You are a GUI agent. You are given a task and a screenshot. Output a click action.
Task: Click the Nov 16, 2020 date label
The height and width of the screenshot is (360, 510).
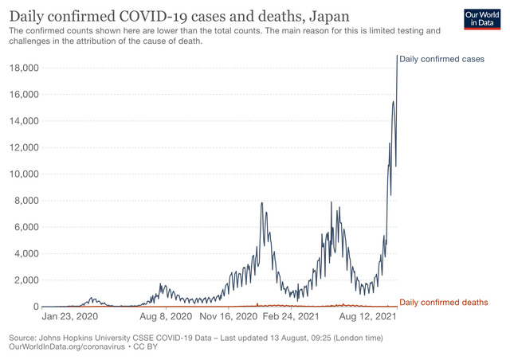(229, 316)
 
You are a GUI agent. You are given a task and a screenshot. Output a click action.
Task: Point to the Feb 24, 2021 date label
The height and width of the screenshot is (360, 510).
(292, 316)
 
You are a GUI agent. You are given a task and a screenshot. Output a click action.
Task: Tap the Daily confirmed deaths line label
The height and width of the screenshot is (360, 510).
(443, 303)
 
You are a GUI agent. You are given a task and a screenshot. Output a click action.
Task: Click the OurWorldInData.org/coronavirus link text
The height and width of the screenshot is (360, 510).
(68, 348)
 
